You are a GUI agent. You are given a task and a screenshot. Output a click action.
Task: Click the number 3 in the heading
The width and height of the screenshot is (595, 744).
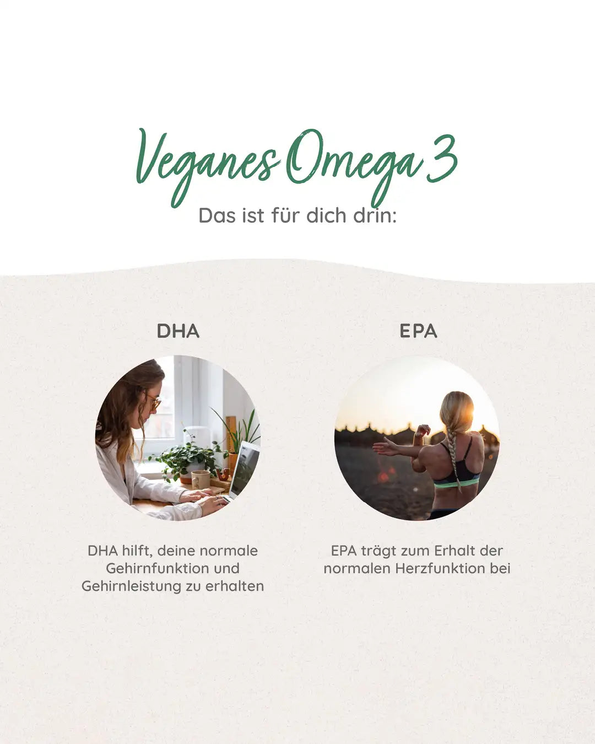pyautogui.click(x=442, y=157)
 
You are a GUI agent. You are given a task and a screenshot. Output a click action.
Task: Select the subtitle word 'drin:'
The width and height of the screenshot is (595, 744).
pyautogui.click(x=375, y=215)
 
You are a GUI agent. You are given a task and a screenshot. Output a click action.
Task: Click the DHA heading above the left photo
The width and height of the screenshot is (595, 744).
pyautogui.click(x=178, y=331)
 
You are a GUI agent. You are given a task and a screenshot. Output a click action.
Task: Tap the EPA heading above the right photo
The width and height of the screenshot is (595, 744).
pyautogui.click(x=418, y=331)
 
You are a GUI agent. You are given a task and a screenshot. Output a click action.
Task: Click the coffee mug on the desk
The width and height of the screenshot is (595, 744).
pyautogui.click(x=200, y=479)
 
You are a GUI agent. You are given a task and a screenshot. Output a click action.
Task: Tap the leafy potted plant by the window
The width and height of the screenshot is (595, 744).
pyautogui.click(x=187, y=457)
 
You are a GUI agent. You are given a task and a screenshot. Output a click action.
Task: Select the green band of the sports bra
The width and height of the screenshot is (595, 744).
pyautogui.click(x=456, y=483)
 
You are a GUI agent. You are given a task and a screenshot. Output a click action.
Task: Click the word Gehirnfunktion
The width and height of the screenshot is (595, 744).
pyautogui.click(x=172, y=568)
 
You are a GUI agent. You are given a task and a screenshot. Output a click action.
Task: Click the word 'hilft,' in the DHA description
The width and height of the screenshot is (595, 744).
pyautogui.click(x=136, y=551)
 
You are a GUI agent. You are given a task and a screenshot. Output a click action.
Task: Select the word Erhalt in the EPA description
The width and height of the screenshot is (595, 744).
pyautogui.click(x=456, y=551)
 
